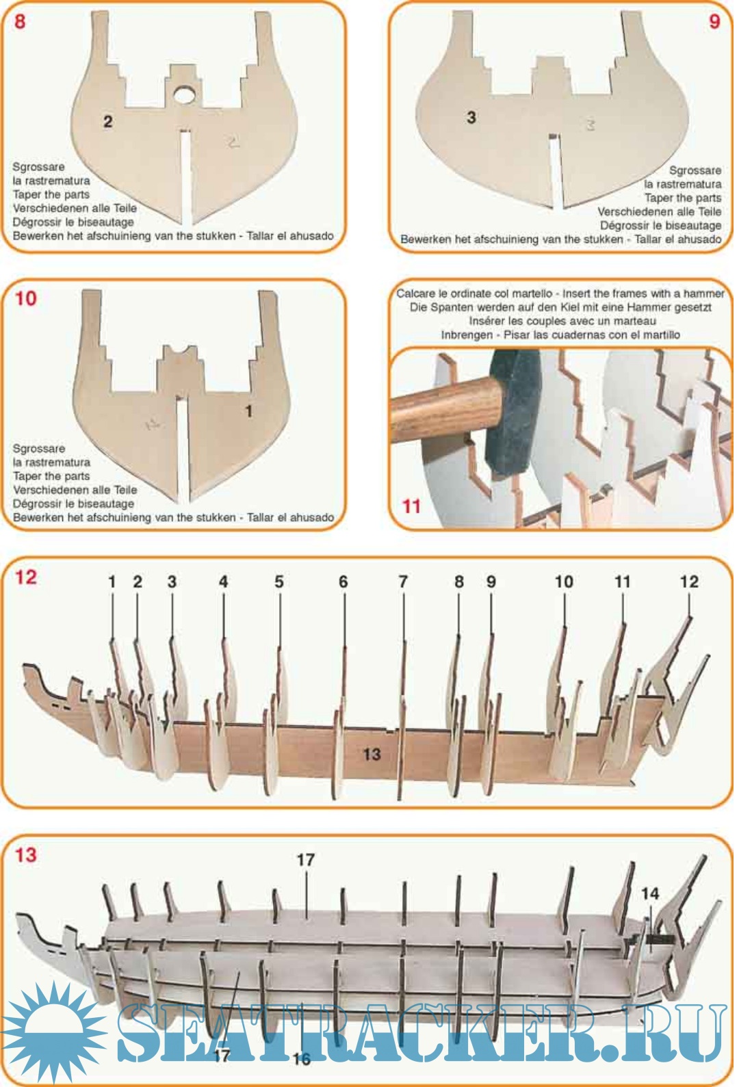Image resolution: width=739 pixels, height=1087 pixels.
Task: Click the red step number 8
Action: point(20,22)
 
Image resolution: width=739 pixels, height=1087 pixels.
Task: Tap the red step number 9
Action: point(714,22)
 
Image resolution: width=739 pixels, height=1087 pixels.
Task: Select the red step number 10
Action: point(26,298)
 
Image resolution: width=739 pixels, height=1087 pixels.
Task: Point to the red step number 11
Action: point(411,507)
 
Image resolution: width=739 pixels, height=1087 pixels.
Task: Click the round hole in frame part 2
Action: point(184,94)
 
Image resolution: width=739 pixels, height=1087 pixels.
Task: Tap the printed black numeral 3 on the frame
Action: point(471,118)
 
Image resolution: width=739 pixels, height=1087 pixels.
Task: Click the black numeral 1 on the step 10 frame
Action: point(248,412)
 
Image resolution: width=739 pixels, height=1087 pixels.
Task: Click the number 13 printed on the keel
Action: point(372,754)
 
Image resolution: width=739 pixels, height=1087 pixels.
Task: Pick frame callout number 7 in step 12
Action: point(402,581)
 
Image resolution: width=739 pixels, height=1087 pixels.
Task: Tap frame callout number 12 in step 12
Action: point(689,581)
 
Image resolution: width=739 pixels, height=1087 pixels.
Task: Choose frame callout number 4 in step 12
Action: point(223,581)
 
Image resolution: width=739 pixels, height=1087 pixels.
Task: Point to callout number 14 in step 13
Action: point(649,893)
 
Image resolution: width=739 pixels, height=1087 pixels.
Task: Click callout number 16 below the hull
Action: point(302,1059)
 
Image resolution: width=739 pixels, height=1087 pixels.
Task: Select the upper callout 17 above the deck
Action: point(305,860)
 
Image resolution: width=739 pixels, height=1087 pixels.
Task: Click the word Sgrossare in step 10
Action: point(38,448)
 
